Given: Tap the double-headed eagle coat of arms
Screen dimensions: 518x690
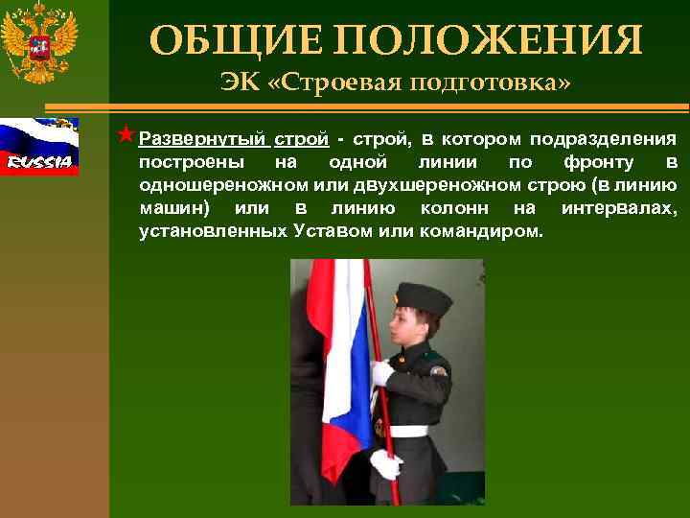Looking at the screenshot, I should [x=40, y=46].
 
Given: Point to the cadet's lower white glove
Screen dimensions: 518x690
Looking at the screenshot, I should [x=385, y=465].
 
